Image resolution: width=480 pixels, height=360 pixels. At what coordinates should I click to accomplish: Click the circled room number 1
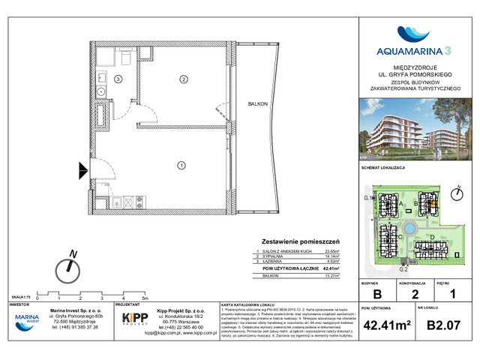pos(181,164)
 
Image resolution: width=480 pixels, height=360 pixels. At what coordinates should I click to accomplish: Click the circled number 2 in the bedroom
pos(181,79)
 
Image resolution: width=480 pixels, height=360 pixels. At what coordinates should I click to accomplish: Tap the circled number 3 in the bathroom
pos(118,79)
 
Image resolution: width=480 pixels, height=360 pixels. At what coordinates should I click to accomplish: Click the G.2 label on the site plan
pos(402,268)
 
